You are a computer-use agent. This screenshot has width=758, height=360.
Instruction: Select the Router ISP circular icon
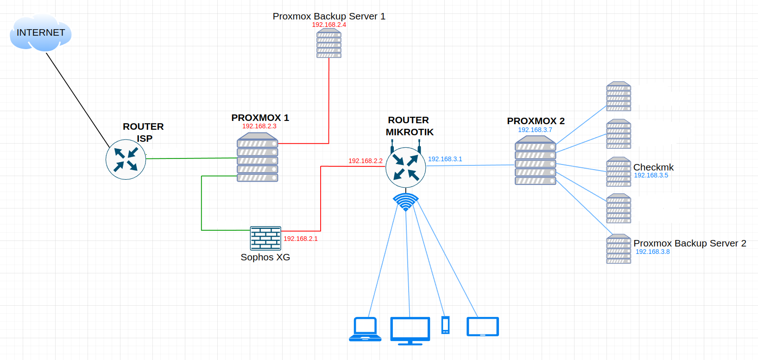tap(126, 159)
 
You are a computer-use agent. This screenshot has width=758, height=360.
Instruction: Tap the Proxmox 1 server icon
tap(257, 158)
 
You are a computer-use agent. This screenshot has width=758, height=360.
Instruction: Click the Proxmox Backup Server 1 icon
tap(329, 44)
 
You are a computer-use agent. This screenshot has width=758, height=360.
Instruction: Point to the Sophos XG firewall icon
tap(265, 238)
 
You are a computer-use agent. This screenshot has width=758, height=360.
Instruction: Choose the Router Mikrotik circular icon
tap(405, 167)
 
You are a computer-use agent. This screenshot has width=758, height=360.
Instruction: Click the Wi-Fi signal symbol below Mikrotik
tap(405, 202)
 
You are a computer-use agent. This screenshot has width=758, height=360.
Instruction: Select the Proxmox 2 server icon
tap(535, 161)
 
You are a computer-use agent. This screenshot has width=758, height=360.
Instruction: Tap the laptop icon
tap(365, 329)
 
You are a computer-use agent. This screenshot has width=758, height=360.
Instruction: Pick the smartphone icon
tap(445, 325)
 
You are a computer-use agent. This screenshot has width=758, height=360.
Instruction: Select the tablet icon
tap(482, 327)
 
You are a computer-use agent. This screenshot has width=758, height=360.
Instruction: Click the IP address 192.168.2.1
tap(301, 239)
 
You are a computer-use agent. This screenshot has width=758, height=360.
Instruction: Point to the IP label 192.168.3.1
tap(445, 159)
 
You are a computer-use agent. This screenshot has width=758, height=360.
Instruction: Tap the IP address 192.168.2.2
tap(366, 161)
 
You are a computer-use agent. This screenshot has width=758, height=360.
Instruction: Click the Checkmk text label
tap(653, 167)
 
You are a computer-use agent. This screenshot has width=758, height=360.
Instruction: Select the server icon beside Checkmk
tap(619, 171)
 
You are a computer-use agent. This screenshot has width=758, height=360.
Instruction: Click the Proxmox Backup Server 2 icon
tap(619, 249)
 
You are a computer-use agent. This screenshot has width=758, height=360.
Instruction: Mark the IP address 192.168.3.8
tap(652, 252)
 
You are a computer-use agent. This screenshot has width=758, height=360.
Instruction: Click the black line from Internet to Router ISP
tap(77, 99)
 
